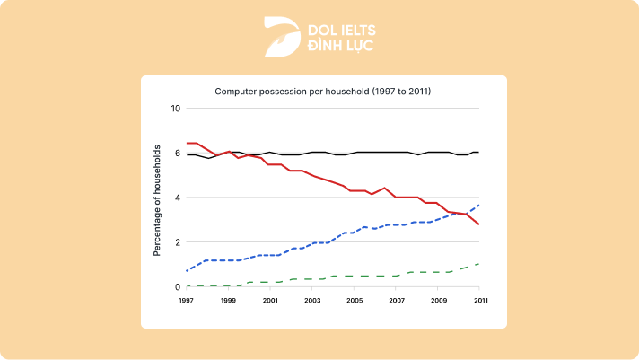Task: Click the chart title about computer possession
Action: [x=323, y=92]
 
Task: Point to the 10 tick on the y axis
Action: [x=176, y=109]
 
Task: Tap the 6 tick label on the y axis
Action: [x=178, y=154]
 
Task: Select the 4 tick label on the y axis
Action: [x=178, y=198]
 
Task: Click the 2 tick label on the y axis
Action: [x=178, y=242]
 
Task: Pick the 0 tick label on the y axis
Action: [x=178, y=287]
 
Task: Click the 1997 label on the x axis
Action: [x=186, y=301]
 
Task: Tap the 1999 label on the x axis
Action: [x=228, y=301]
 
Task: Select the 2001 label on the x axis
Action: [x=270, y=301]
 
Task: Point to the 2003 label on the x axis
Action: [x=312, y=301]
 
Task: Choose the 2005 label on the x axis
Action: [x=355, y=301]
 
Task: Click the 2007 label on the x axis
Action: [x=397, y=301]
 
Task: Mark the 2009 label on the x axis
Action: [x=439, y=301]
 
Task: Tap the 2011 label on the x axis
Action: [x=480, y=301]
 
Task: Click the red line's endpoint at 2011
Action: [x=479, y=224]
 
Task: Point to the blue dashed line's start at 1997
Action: [x=187, y=271]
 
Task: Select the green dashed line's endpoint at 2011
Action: [x=479, y=264]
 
